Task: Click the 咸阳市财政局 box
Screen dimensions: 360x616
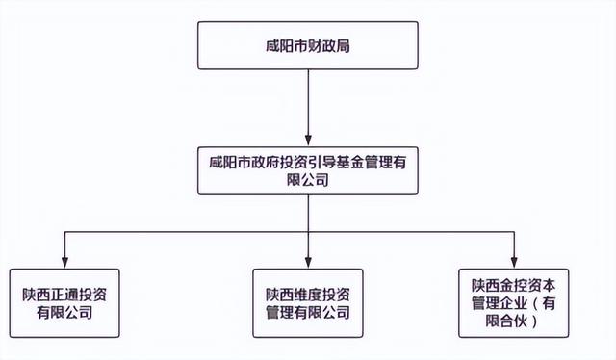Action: point(307,45)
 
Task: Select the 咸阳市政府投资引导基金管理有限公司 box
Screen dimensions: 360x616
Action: point(307,168)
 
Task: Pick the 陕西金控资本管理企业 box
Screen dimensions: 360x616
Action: point(515,301)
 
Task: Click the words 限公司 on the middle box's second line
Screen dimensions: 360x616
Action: point(308,179)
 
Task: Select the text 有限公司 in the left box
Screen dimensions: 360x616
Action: point(64,313)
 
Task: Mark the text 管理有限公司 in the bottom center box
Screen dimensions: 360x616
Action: point(307,313)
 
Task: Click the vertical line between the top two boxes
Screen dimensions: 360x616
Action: point(307,101)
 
